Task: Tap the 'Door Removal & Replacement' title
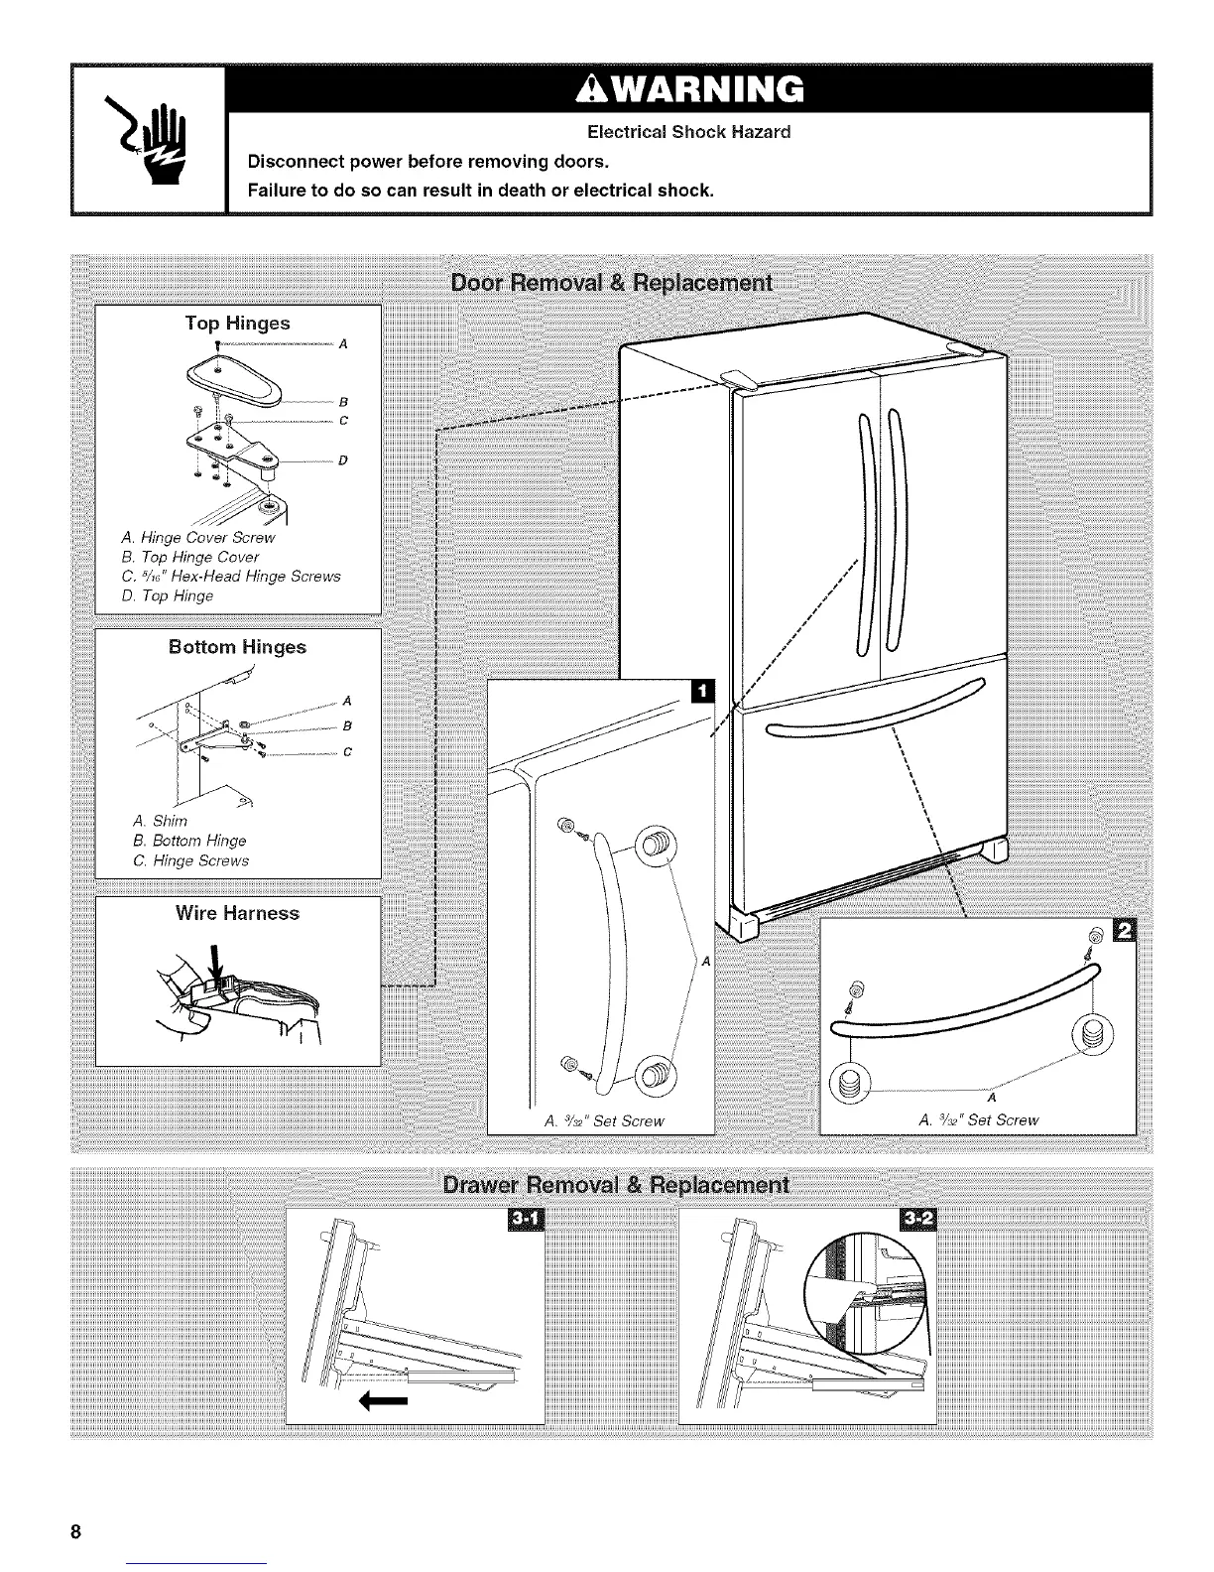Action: (611, 283)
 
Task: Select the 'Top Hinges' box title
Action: (237, 324)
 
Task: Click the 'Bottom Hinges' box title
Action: (237, 647)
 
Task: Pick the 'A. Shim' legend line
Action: (160, 822)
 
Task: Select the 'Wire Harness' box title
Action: (237, 913)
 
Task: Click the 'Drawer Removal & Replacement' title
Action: (615, 1186)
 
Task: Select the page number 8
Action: (75, 1530)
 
